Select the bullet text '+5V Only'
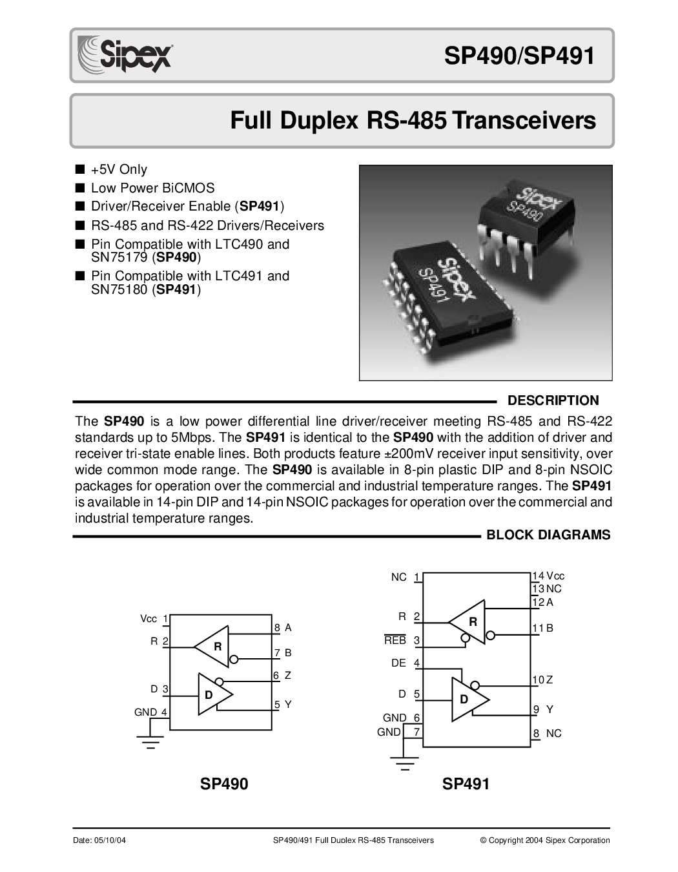pos(119,170)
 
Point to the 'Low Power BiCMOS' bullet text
pos(152,188)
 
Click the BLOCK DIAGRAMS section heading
pos(548,535)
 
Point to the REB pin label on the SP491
pos(395,640)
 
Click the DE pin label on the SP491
pos(398,663)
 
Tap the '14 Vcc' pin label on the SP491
pos(549,576)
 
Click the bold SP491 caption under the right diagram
pos(466,784)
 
